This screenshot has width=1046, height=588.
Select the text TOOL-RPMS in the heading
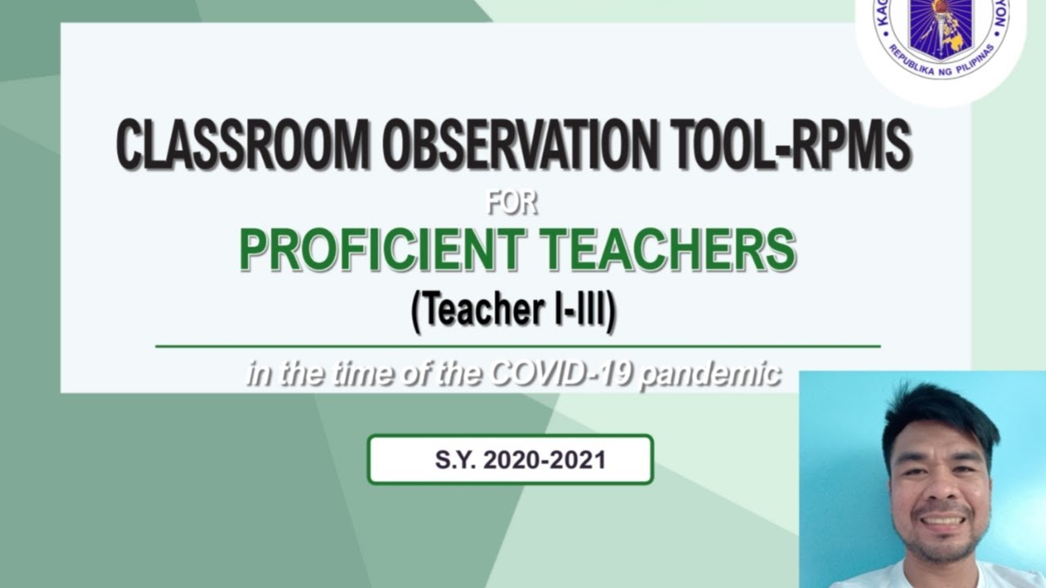792,145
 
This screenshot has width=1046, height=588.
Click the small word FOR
512,202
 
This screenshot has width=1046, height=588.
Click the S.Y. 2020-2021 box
510,460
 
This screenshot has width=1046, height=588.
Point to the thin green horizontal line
517,346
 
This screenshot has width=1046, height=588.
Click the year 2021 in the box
577,460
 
